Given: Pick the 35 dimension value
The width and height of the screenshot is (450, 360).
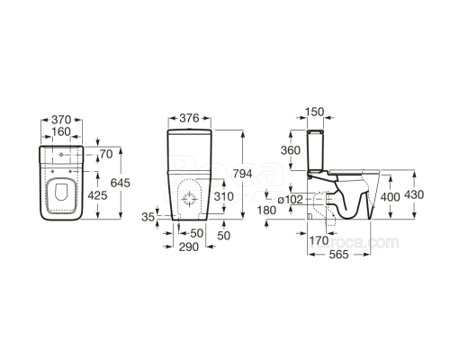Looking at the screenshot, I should tap(148, 217).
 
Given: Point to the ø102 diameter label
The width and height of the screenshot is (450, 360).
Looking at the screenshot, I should tap(294, 198).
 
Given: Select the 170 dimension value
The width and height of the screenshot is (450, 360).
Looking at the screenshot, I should tap(319, 240).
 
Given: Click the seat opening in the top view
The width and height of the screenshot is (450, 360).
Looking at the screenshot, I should tap(60, 193).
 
